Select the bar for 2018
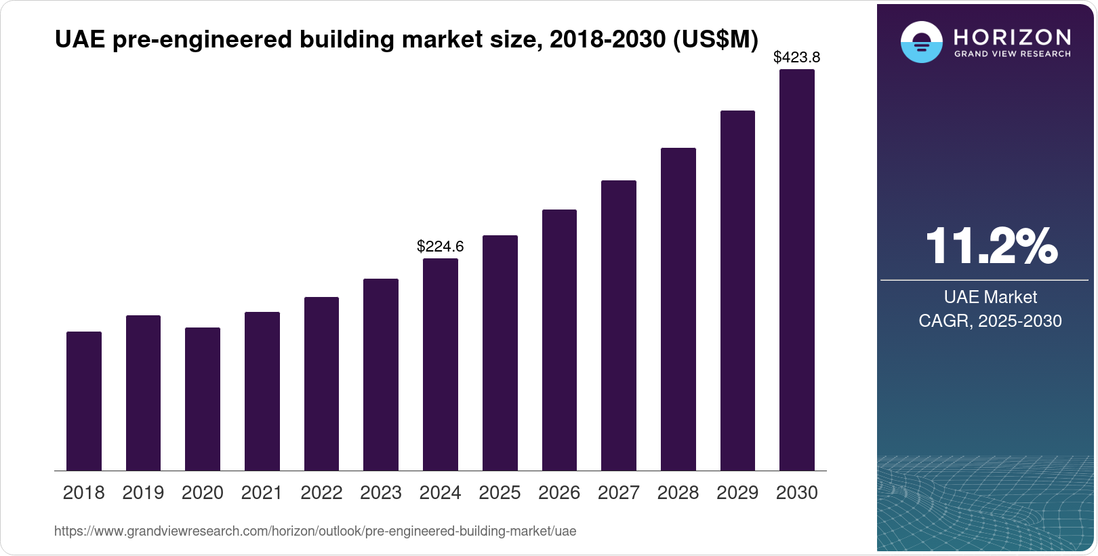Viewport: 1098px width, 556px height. point(84,401)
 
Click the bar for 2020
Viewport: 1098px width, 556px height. point(203,399)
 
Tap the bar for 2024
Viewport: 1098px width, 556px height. point(441,364)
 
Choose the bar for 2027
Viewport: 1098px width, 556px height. point(619,325)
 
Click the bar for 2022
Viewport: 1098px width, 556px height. point(321,384)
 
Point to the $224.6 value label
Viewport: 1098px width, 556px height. point(441,246)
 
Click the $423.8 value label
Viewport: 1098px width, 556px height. point(797,57)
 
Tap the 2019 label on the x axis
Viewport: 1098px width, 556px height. point(143,493)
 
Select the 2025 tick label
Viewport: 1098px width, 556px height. point(500,493)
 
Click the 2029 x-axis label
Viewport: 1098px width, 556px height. point(737,493)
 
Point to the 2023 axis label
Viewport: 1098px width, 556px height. point(381,493)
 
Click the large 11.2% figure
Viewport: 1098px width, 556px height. point(991,245)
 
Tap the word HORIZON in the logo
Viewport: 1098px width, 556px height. point(1013,37)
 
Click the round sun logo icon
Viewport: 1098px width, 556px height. point(922,42)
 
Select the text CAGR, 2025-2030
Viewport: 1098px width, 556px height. point(990,321)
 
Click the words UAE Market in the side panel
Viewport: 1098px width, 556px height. point(990,297)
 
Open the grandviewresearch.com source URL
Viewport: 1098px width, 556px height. point(315,532)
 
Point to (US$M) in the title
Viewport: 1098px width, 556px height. point(715,39)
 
